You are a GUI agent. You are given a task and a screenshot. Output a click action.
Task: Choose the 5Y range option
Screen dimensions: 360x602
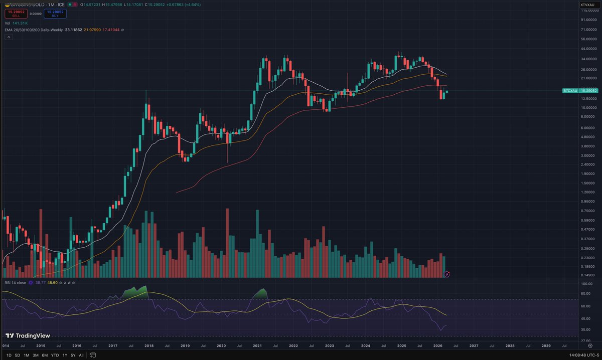coord(73,355)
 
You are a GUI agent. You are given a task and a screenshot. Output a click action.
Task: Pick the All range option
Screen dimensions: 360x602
coord(82,355)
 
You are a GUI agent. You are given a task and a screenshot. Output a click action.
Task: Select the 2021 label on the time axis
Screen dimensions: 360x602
coord(257,346)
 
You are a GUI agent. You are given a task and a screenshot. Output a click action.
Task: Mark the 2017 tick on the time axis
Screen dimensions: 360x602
coord(112,346)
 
